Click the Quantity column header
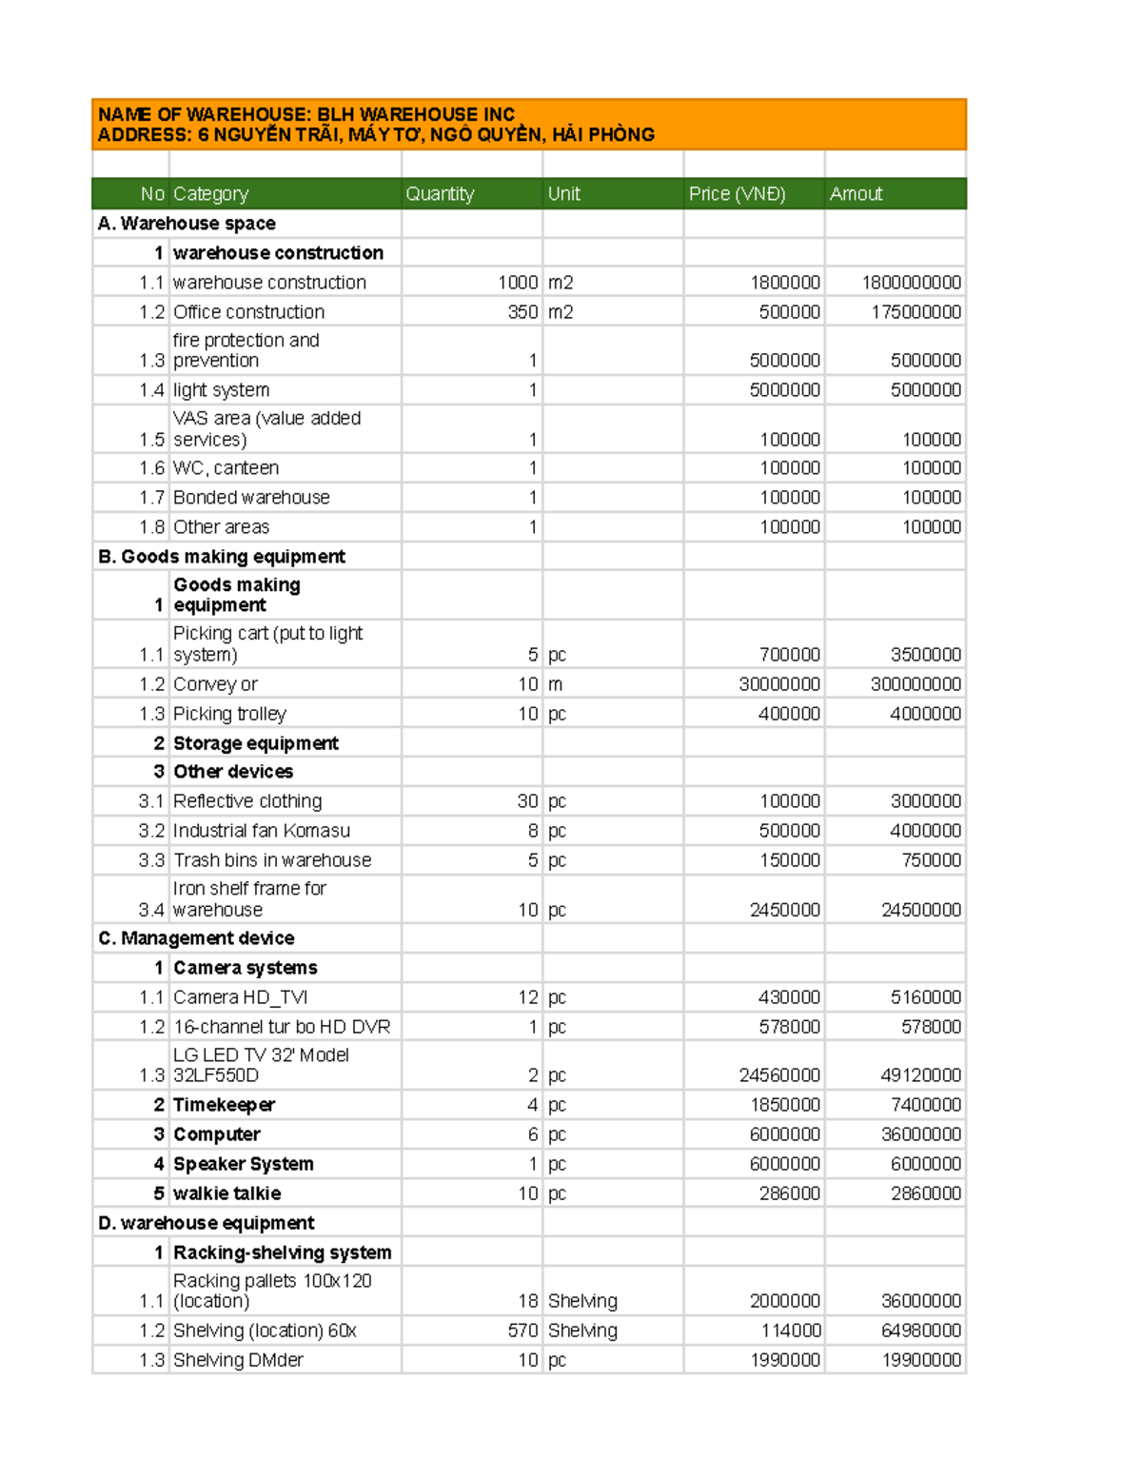(x=440, y=194)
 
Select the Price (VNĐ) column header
(x=737, y=194)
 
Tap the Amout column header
(x=856, y=194)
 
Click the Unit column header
(x=563, y=194)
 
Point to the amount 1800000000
(x=911, y=283)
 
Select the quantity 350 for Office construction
(x=522, y=312)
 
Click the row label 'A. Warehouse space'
(x=187, y=224)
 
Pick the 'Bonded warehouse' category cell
(x=251, y=498)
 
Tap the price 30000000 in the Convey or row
(x=778, y=684)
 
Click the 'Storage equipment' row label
(x=255, y=743)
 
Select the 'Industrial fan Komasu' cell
(x=262, y=831)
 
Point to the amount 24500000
(x=920, y=910)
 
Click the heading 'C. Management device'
(x=196, y=938)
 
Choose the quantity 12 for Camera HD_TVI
(x=527, y=997)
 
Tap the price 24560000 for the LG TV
(x=778, y=1075)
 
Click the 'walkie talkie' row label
(x=226, y=1193)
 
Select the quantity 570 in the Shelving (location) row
(x=522, y=1330)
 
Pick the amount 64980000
(x=920, y=1330)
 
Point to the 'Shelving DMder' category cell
(x=238, y=1360)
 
